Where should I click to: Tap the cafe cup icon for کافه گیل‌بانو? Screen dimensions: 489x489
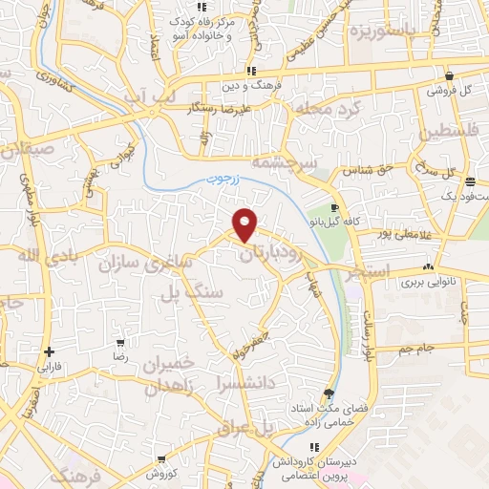pos(334,207)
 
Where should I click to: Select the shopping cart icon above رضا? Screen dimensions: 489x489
pos(120,342)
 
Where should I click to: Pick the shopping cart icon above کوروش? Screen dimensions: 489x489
pos(160,459)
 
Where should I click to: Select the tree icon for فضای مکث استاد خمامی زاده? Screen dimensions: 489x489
pos(329,393)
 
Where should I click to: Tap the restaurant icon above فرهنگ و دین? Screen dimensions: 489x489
pos(250,71)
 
